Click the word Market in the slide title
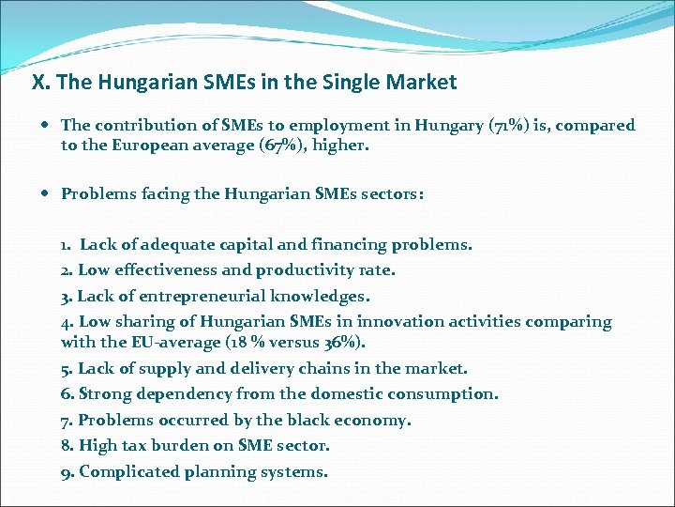(x=421, y=83)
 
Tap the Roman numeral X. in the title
(x=40, y=83)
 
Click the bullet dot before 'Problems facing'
(x=47, y=194)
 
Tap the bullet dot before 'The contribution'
(x=47, y=125)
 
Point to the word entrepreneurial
(x=193, y=296)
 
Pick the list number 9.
(x=67, y=471)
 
